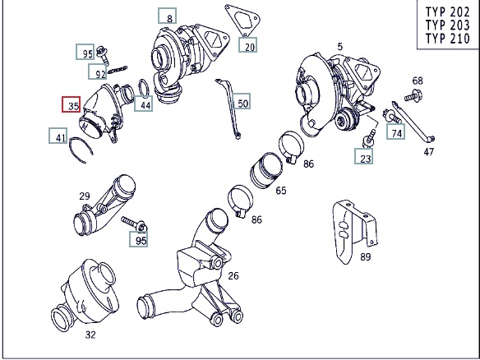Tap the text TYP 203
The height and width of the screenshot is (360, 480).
coord(448,25)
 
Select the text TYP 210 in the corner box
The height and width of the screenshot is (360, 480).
coord(448,39)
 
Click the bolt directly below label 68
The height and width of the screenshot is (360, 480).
coord(413,95)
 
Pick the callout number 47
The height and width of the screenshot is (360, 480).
coord(429,151)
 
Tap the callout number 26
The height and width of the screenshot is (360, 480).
coord(233,276)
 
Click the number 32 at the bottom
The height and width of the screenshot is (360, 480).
coord(90,335)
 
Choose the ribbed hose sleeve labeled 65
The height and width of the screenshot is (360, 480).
coord(266,170)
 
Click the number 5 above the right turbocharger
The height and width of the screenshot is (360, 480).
coord(340,47)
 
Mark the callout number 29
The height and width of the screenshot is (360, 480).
coord(85,196)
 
